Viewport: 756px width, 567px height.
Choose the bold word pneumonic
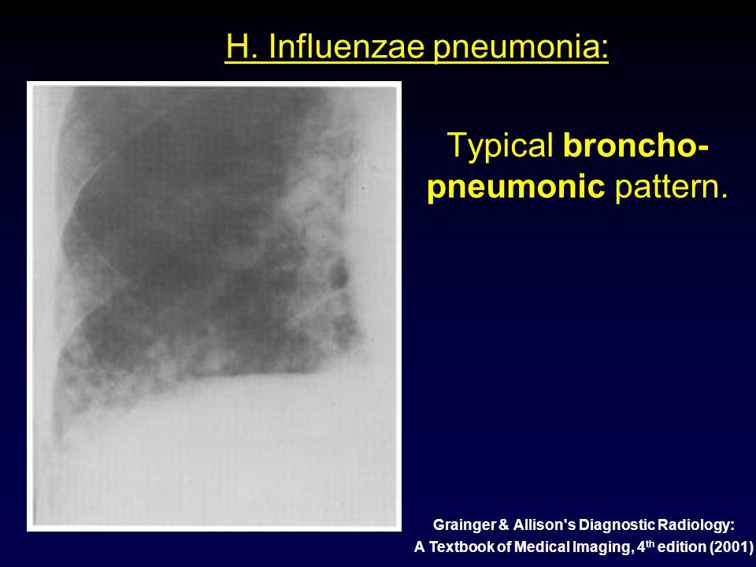(516, 187)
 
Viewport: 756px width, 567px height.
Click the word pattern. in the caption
(671, 186)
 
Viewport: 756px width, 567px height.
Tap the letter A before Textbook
(420, 547)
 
